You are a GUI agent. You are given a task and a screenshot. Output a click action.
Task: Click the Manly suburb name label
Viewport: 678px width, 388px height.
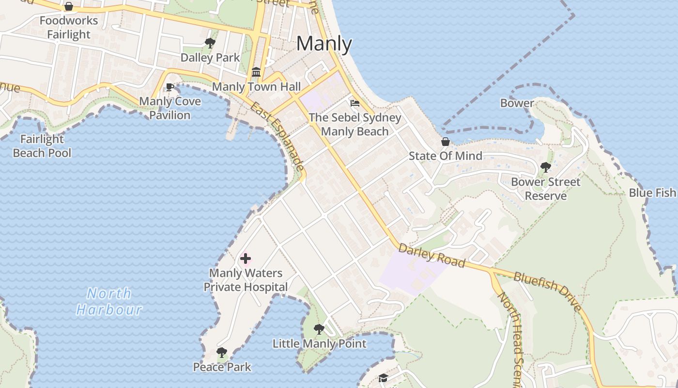324,44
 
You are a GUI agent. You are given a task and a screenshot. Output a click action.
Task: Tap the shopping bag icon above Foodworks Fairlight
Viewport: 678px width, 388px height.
69,7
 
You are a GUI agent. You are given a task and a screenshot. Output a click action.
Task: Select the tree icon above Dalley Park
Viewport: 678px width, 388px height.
210,43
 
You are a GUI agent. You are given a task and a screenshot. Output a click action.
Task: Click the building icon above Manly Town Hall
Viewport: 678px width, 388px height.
256,73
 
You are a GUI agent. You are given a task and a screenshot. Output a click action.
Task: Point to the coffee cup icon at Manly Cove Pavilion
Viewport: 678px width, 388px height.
169,87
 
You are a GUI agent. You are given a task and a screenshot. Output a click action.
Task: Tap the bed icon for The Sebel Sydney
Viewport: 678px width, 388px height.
354,103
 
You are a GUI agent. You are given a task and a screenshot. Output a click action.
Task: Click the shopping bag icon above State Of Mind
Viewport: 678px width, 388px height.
445,142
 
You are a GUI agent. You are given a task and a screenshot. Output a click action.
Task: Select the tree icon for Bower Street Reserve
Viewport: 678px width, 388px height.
545,168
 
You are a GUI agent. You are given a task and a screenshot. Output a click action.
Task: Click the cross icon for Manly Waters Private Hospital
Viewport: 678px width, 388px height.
246,259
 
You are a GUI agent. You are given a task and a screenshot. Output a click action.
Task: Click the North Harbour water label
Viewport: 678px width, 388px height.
109,301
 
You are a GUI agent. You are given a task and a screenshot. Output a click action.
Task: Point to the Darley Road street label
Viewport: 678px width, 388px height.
431,257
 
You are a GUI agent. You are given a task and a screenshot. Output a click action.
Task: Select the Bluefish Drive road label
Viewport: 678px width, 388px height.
547,291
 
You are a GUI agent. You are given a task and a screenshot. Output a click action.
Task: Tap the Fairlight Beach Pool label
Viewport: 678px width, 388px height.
42,146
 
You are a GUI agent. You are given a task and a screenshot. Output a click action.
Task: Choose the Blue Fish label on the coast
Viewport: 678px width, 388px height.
652,193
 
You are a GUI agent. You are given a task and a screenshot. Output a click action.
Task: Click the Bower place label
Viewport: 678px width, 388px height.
517,103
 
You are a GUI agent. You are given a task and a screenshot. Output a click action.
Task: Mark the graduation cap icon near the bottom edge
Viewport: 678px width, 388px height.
383,378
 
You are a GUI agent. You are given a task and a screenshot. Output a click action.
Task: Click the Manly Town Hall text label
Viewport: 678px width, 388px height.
257,87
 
